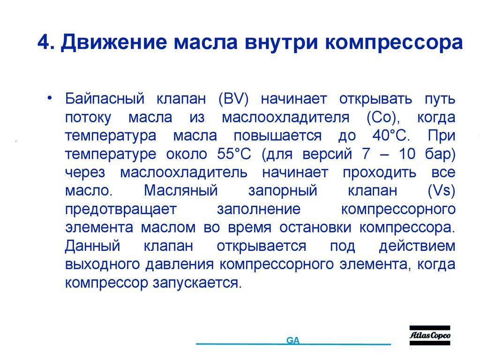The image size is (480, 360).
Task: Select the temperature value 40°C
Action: point(386,136)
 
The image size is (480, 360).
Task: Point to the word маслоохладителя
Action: point(286,118)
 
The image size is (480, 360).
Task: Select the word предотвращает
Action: point(121,209)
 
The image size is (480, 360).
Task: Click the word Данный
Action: point(93,246)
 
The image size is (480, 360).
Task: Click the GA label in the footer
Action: point(293,340)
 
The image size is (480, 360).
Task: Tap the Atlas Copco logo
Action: point(430,335)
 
